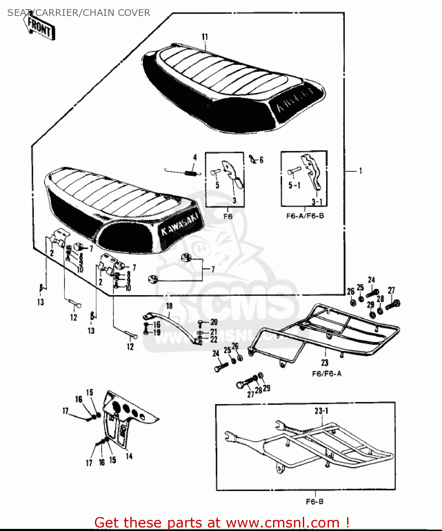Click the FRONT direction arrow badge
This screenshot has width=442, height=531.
point(40,27)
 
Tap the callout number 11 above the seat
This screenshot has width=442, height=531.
point(205,37)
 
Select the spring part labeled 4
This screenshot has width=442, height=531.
point(191,173)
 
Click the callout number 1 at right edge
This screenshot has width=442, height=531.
point(361,171)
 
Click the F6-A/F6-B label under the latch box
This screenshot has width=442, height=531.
point(305,216)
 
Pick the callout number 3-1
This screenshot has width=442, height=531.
point(317,202)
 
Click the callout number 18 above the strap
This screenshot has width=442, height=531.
point(169,306)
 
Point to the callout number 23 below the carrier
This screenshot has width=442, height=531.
point(325,362)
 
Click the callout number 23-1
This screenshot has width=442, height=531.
point(321,411)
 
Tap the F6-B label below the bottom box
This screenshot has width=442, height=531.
point(314,502)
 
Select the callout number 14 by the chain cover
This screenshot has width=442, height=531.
point(129,456)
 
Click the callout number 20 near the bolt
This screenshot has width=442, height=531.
point(214,322)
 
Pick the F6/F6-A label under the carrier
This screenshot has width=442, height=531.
point(327,374)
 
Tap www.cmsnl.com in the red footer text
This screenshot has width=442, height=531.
point(283,523)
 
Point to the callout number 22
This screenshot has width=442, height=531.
point(214,339)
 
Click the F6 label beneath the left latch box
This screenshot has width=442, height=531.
point(228,216)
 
